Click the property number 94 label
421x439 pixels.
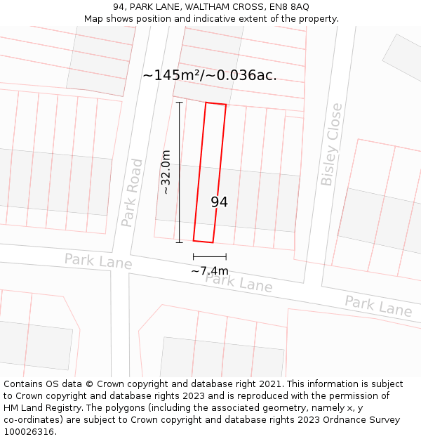(219, 202)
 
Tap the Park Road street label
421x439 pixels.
(132, 192)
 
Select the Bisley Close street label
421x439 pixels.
(331, 144)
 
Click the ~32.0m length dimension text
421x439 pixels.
(166, 172)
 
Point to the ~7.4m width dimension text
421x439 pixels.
(210, 271)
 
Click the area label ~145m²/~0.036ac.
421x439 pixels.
(210, 75)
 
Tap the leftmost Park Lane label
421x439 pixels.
(98, 261)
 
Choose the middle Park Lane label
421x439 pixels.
(239, 282)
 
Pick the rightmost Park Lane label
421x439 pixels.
(378, 306)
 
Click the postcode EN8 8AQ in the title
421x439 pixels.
(290, 7)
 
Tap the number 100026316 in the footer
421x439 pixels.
(29, 431)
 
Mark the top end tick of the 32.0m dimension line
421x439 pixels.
(179, 103)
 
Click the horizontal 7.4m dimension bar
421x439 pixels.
(210, 256)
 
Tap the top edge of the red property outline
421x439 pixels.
(215, 104)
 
